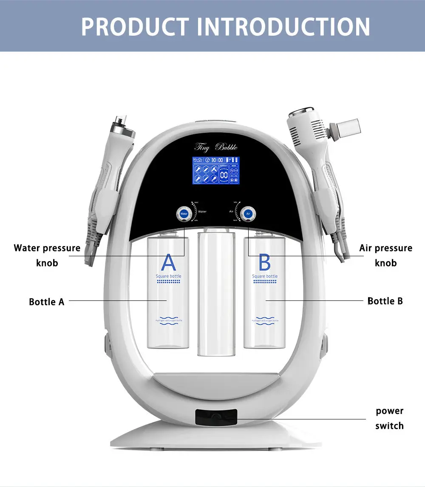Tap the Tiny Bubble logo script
click(x=216, y=147)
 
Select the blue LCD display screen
click(x=216, y=170)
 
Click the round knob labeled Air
click(x=248, y=213)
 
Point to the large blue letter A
click(x=168, y=263)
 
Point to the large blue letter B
click(x=264, y=263)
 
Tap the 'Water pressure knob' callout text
click(x=47, y=255)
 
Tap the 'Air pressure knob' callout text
click(x=385, y=255)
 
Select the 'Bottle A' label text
click(x=47, y=302)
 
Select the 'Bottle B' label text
click(x=385, y=301)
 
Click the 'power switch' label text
click(x=389, y=418)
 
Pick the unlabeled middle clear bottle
click(x=216, y=293)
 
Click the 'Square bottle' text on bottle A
click(x=169, y=276)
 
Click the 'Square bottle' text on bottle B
click(x=265, y=276)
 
